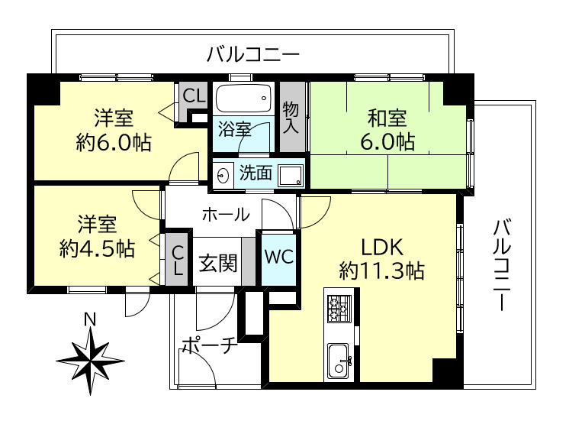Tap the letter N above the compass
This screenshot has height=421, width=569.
tap(89, 319)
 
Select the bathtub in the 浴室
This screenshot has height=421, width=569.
tap(243, 98)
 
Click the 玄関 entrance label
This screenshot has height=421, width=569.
tap(217, 264)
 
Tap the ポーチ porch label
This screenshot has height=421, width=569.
tap(208, 346)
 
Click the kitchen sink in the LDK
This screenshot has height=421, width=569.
tap(339, 360)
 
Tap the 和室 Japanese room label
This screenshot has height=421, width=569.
tap(387, 118)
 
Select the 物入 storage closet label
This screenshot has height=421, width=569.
tap(291, 117)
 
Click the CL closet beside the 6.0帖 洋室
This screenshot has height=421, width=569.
tap(194, 96)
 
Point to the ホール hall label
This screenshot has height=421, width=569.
tap(225, 214)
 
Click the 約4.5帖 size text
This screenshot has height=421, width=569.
tap(97, 249)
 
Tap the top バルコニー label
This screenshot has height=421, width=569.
tap(252, 55)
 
